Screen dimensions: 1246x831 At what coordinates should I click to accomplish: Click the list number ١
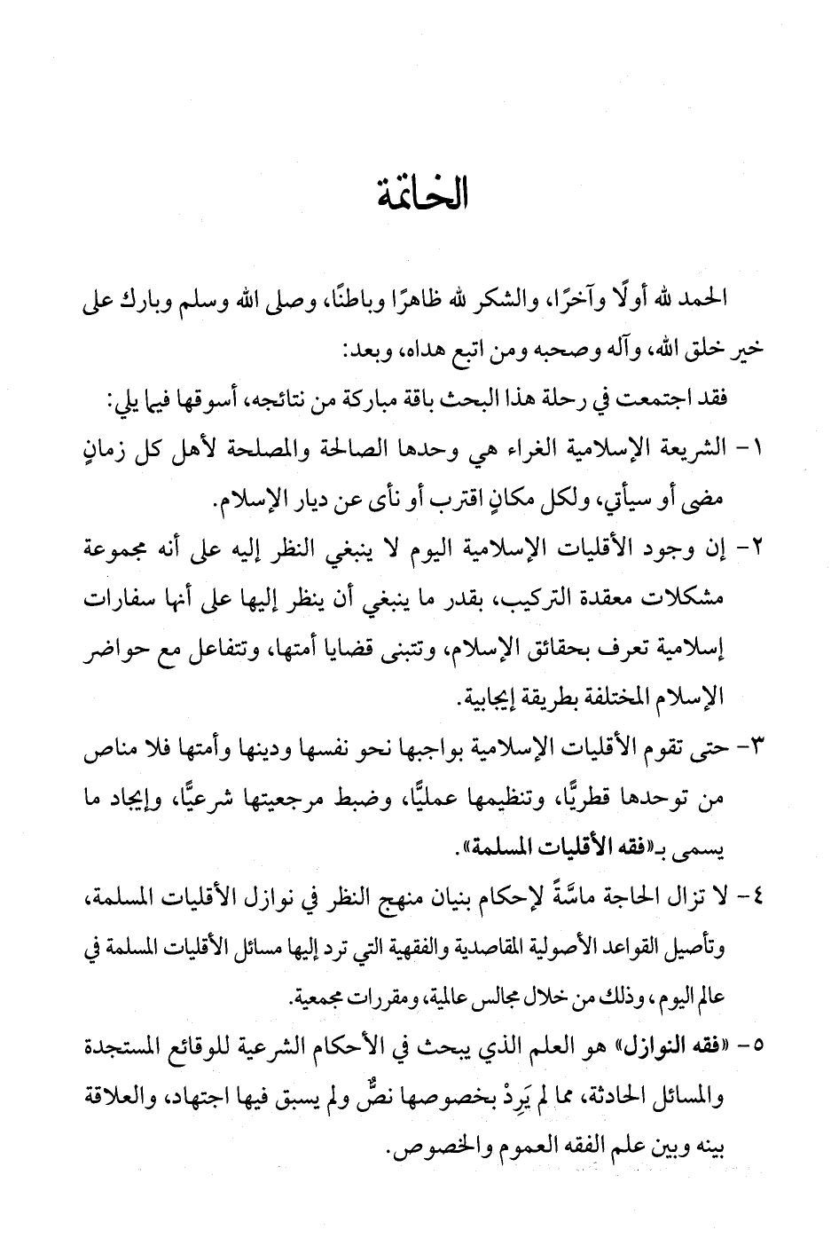755,450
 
